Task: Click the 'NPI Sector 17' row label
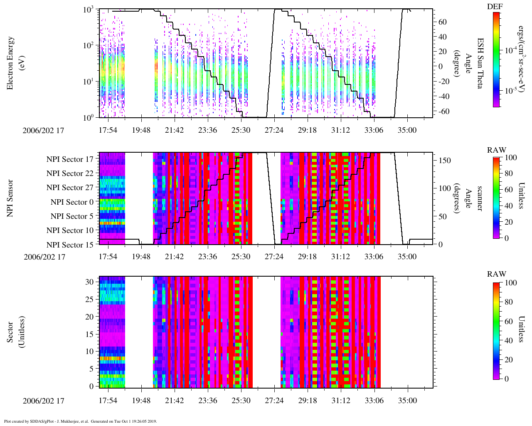[x=70, y=159]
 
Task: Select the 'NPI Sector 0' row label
[x=72, y=202]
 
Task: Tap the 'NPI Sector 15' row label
[x=70, y=245]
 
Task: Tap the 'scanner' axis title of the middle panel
[x=480, y=198]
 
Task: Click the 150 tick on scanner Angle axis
[x=445, y=160]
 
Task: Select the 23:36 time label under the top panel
[x=207, y=130]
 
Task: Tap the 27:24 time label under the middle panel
[x=274, y=256]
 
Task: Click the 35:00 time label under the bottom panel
[x=407, y=400]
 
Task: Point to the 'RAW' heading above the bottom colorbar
[x=497, y=274]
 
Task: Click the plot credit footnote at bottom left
[x=80, y=421]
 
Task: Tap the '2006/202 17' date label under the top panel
[x=44, y=130]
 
